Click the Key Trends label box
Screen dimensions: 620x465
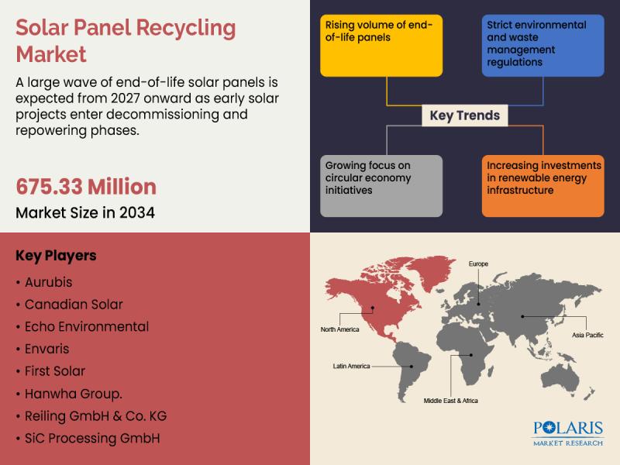464,115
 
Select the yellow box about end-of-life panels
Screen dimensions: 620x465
381,46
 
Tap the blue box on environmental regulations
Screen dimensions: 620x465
543,46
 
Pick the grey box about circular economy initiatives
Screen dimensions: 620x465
381,186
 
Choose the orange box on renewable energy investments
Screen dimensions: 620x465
543,186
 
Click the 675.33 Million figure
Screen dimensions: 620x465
86,187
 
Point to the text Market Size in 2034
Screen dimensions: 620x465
85,212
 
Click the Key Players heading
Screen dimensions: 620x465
56,256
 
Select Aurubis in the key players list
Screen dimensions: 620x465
49,282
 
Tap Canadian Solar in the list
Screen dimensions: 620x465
74,305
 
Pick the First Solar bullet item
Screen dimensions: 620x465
55,371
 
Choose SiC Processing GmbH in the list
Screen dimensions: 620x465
92,439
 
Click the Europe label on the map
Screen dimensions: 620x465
478,263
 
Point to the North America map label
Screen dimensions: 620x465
339,329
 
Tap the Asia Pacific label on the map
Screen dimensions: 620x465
587,335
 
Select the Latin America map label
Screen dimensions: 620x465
351,366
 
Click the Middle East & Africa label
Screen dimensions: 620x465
451,401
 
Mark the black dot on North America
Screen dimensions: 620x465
373,308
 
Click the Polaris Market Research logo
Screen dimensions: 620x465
568,434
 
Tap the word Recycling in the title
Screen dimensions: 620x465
185,29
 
